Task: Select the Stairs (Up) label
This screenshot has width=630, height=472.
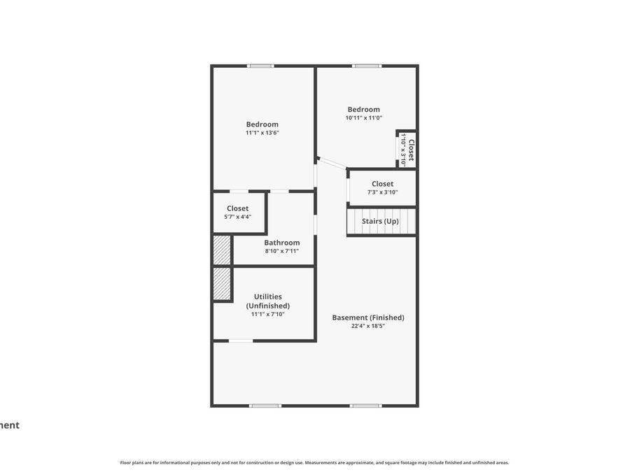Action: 380,222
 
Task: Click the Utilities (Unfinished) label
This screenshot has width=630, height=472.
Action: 267,301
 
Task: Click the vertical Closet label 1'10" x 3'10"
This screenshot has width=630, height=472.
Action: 407,150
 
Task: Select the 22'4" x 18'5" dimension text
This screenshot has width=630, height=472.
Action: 367,326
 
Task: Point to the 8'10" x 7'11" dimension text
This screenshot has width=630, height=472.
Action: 281,251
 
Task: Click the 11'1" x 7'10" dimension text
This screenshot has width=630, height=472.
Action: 267,315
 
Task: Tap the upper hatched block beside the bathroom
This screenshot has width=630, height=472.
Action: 222,250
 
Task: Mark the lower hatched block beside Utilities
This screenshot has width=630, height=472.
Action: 222,284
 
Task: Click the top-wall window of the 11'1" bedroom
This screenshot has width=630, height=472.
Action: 260,66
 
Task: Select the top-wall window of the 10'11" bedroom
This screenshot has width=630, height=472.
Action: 366,66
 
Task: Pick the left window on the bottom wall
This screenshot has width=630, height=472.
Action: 265,406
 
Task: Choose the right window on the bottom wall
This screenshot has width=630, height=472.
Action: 365,406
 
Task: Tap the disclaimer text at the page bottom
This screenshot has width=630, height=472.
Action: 314,462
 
